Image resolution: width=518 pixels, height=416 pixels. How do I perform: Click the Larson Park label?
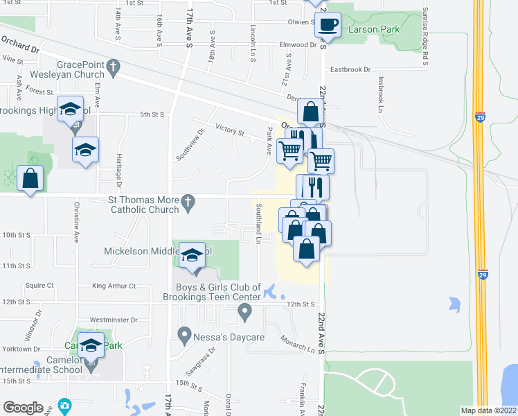(374, 30)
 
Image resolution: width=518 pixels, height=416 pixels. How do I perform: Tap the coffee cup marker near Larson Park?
(328, 26)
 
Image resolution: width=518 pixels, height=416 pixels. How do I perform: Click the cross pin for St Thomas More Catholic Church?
(186, 203)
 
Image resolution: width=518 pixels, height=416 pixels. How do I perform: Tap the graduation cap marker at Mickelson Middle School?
(193, 257)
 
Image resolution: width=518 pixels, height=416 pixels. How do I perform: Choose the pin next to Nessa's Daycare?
(184, 337)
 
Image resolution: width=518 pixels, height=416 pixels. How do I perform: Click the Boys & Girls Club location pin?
(244, 313)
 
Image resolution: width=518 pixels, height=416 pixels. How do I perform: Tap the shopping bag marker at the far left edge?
(30, 179)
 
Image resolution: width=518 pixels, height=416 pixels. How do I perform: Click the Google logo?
(23, 408)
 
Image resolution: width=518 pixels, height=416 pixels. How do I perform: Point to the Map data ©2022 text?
(488, 410)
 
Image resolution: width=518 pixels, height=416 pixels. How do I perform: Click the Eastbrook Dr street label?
(350, 69)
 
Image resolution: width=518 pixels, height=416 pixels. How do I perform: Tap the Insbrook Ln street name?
(380, 98)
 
